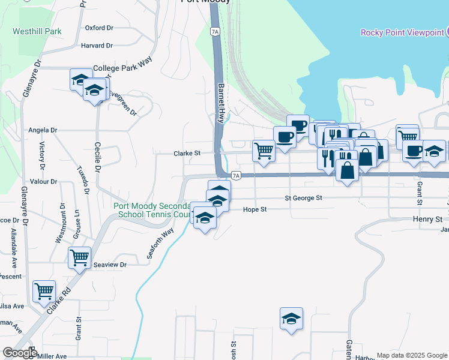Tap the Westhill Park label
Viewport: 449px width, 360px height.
coord(37,31)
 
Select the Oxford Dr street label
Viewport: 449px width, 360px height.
coord(99,28)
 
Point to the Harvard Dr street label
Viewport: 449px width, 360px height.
coord(97,45)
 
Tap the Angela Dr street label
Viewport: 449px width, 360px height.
coord(43,130)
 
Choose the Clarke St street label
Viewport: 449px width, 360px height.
coord(187,153)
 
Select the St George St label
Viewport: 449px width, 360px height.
coord(303,197)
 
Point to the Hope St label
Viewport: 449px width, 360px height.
coord(255,209)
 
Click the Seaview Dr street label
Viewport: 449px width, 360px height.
coord(111,265)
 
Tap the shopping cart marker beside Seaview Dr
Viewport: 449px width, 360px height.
coord(79,258)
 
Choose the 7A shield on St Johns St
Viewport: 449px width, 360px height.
coord(236,175)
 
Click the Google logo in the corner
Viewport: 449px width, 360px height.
coord(19,352)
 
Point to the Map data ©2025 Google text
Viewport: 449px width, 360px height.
coord(412,355)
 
